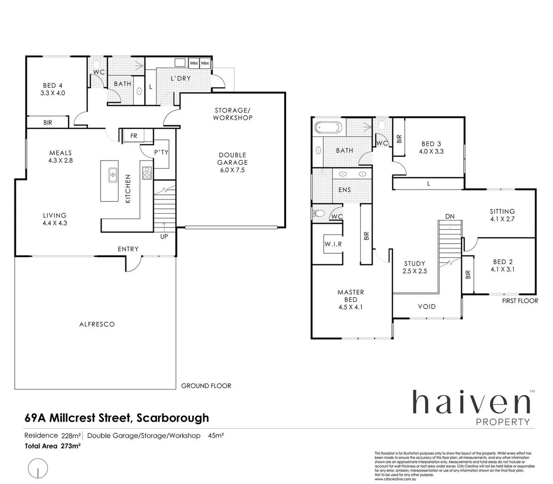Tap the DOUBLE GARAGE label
click(x=232, y=159)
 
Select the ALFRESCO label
click(x=97, y=324)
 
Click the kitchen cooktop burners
click(x=146, y=173)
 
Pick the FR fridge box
click(x=133, y=136)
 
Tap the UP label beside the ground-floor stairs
click(x=164, y=236)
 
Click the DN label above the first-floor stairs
click(x=450, y=216)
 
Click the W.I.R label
click(x=333, y=244)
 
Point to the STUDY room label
click(x=414, y=264)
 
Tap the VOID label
click(x=426, y=307)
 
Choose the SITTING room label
click(x=502, y=211)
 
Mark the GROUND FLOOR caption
click(x=206, y=385)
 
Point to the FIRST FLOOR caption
click(x=520, y=301)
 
